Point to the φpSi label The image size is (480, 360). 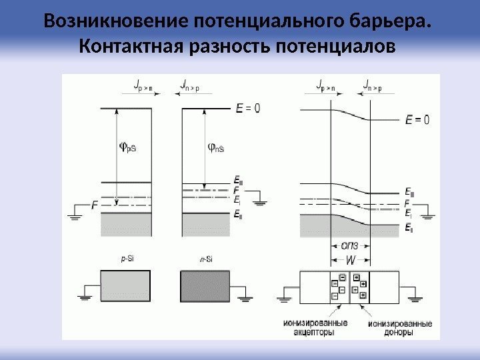[127, 147]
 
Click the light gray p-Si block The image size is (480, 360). [125, 286]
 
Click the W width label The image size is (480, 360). [351, 259]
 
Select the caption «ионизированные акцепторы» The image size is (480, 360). [315, 327]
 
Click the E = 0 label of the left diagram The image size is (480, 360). [249, 108]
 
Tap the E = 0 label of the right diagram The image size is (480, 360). [417, 121]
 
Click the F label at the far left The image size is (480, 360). [95, 207]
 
